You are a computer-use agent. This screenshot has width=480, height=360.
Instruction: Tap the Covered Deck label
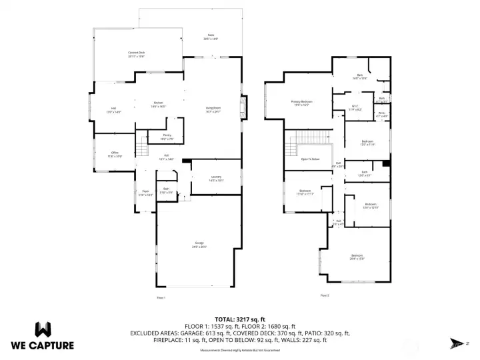[x=136, y=54]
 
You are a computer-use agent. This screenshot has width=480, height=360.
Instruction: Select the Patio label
[x=210, y=37]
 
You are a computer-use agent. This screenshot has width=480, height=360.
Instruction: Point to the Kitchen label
[x=159, y=104]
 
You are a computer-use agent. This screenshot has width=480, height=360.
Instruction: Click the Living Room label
[x=213, y=109]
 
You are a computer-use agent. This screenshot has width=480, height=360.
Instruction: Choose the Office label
[x=115, y=155]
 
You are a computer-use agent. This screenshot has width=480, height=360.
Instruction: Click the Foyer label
[x=145, y=193]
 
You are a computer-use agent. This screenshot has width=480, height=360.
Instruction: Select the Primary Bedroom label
[x=301, y=103]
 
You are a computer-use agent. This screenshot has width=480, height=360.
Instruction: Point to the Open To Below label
[x=310, y=159]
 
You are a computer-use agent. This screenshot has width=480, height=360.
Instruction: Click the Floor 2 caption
[x=325, y=295]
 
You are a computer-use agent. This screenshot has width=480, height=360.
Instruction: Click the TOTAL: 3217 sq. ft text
[x=239, y=319]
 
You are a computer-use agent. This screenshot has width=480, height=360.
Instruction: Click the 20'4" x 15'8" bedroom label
[x=357, y=257]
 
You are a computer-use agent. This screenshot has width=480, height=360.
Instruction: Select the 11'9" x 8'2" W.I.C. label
[x=357, y=107]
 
